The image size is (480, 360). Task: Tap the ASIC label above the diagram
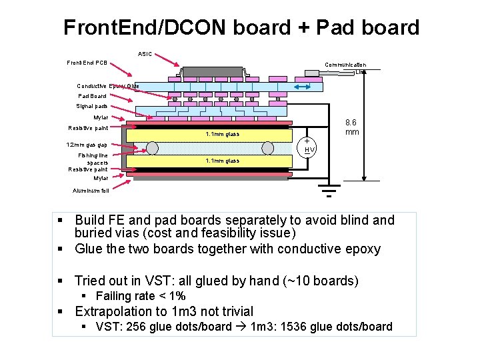(145, 53)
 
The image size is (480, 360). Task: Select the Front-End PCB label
(87, 63)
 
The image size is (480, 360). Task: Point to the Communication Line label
(345, 68)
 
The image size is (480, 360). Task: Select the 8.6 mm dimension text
(351, 127)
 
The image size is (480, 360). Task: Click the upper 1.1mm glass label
(223, 134)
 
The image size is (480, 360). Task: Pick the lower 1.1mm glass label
(223, 161)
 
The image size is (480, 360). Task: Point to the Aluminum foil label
(91, 191)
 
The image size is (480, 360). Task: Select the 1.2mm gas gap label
(87, 145)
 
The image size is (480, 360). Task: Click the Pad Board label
(92, 96)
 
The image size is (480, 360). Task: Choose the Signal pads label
(92, 106)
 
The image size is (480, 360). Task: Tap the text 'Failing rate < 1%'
(140, 296)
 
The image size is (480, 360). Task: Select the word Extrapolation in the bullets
(114, 311)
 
